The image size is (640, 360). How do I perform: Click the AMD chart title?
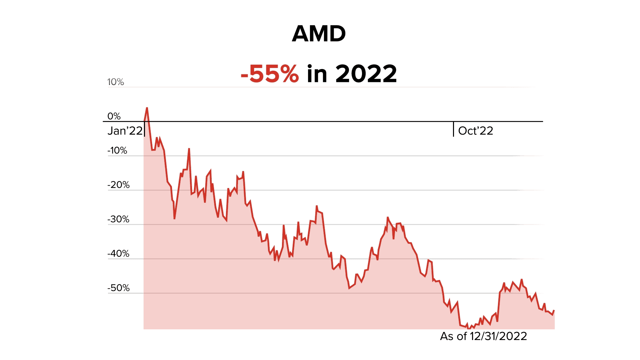319,34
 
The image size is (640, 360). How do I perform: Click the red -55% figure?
269,74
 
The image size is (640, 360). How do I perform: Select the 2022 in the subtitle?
366,74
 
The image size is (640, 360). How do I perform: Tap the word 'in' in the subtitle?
317,74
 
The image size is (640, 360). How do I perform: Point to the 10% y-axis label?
115,82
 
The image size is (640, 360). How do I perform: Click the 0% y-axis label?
114,116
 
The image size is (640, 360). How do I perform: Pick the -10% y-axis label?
117,151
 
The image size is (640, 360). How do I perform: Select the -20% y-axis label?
118,185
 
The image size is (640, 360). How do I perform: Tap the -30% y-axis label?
118,219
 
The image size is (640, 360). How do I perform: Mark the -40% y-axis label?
118,254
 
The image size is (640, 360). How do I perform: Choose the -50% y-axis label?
118,288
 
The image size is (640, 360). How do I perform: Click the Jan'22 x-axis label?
125,131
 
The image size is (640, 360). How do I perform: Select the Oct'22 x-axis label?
475,131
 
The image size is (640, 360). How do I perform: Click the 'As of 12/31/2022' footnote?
483,336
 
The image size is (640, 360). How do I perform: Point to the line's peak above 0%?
147,108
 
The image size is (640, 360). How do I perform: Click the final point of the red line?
554,311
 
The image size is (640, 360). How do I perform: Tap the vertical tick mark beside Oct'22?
453,129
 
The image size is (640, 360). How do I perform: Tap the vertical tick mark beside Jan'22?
144,129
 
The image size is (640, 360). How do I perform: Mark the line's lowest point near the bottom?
469,328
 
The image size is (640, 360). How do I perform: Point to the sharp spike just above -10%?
189,149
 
